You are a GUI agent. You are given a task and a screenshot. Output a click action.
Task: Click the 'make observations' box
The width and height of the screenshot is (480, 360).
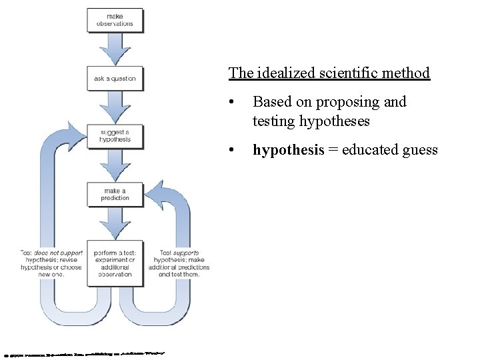[115, 19]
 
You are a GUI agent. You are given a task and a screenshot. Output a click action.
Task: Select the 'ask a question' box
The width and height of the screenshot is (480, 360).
[115, 78]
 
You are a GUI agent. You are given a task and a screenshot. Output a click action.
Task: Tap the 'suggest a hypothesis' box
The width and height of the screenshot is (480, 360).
[115, 136]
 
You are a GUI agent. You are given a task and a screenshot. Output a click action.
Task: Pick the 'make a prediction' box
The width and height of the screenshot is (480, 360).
[115, 194]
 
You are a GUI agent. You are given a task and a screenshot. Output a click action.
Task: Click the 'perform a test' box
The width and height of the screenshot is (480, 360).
[115, 263]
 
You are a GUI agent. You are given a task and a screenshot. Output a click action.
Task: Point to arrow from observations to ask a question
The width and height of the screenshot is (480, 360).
[115, 48]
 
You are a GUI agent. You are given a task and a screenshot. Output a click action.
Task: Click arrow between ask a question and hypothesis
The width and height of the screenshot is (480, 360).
[115, 107]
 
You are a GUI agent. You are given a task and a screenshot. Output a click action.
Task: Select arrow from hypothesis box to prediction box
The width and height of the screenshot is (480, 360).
[115, 165]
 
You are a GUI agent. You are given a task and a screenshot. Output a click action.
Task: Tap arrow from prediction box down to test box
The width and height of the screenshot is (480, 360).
[115, 223]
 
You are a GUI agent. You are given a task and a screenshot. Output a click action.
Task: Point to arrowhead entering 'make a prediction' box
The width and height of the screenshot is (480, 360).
[155, 193]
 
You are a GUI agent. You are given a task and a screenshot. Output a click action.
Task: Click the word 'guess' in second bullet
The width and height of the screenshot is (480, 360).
[419, 150]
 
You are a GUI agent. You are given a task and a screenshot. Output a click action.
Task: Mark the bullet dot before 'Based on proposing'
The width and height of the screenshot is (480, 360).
[230, 103]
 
